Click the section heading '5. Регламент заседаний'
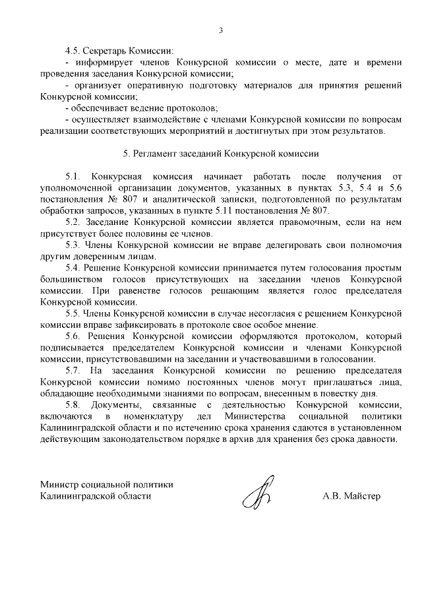[x=221, y=154]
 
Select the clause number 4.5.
[x=73, y=51]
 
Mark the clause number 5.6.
[x=73, y=336]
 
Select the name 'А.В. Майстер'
[x=351, y=495]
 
